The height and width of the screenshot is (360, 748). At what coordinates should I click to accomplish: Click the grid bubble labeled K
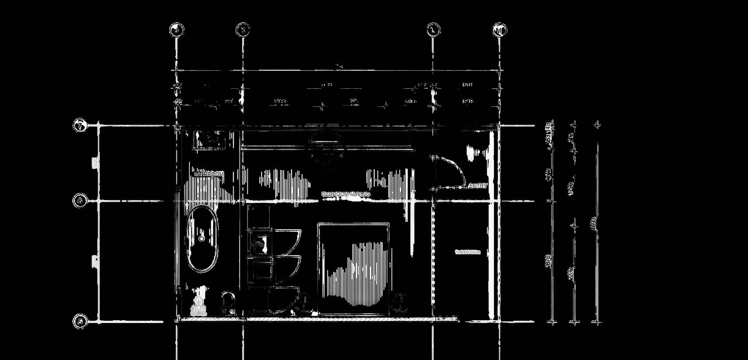(x=243, y=30)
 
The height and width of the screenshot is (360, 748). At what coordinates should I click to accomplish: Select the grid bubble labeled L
(x=433, y=30)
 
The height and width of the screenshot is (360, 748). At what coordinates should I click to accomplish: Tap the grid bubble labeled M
(x=499, y=30)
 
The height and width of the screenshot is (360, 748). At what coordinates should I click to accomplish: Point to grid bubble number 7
(x=80, y=126)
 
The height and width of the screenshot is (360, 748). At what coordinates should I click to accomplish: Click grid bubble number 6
(x=80, y=201)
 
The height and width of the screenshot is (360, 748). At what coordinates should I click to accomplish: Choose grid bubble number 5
(x=80, y=322)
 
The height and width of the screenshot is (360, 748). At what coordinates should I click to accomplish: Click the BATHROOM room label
(x=209, y=174)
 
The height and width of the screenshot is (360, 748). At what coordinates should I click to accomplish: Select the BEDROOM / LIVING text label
(x=345, y=194)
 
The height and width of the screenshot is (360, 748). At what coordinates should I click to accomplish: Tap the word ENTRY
(x=478, y=186)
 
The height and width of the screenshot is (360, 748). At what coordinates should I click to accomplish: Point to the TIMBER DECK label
(x=467, y=252)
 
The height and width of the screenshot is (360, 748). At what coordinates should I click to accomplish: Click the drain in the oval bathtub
(x=202, y=238)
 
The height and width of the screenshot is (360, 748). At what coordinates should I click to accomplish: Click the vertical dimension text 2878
(x=549, y=261)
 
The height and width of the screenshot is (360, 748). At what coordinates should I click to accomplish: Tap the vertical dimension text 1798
(x=571, y=188)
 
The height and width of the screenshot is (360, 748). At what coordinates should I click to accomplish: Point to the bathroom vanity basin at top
(x=211, y=139)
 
